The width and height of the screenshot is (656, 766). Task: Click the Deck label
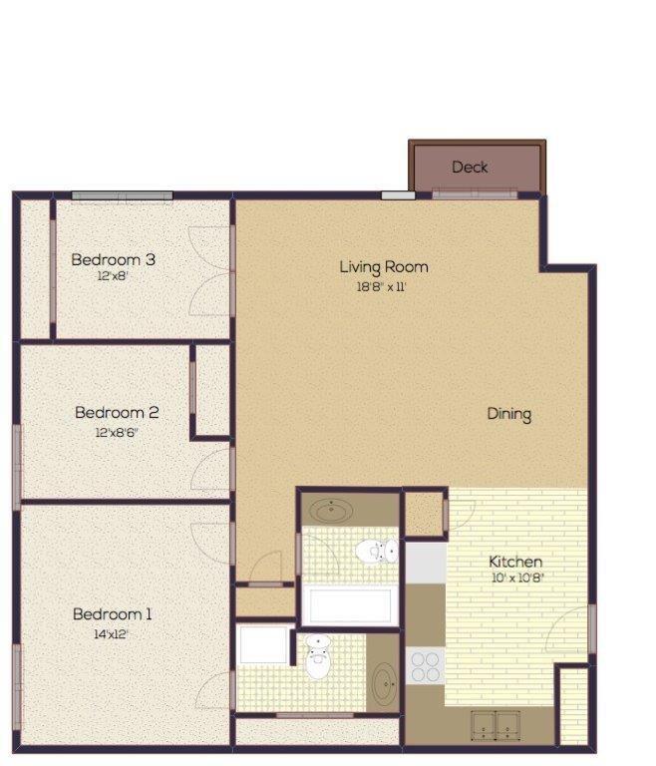[470, 168]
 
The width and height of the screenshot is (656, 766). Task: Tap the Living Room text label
[384, 267]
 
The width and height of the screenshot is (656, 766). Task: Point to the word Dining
[508, 414]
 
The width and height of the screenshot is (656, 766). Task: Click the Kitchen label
[515, 562]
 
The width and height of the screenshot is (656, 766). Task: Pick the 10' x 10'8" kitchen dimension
[515, 578]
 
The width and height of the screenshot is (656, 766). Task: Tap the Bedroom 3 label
[113, 259]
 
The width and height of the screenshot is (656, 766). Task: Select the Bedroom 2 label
[117, 412]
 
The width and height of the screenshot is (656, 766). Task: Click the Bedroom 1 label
[112, 614]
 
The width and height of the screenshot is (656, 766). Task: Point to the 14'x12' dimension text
[111, 633]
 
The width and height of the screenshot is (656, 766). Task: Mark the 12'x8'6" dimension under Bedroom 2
[117, 432]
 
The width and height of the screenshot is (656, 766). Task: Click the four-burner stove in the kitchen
[425, 665]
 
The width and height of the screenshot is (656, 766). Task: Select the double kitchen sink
[495, 724]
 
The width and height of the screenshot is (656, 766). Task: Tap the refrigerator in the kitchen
[425, 563]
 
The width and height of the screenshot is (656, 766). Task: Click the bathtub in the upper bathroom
[349, 605]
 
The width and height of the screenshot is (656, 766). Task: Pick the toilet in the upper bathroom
[377, 550]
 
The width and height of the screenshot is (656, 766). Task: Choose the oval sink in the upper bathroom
[332, 512]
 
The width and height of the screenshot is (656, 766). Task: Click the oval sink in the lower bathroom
[383, 684]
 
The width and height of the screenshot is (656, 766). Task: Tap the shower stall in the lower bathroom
[264, 646]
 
